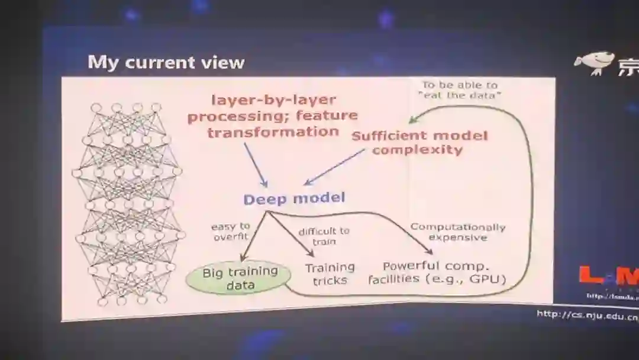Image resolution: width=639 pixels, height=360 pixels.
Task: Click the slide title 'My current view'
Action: (x=166, y=62)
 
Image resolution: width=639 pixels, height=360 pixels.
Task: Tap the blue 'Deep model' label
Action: (x=294, y=198)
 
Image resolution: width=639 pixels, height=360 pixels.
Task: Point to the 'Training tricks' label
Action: (x=330, y=274)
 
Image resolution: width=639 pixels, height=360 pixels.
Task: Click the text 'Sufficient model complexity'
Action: (x=419, y=143)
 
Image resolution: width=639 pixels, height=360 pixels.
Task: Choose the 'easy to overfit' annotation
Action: (x=230, y=232)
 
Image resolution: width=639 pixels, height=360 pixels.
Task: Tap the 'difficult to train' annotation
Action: (x=324, y=236)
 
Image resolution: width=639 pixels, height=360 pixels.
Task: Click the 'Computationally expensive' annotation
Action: (x=458, y=232)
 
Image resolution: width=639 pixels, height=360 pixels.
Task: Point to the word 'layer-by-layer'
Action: (x=273, y=100)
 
